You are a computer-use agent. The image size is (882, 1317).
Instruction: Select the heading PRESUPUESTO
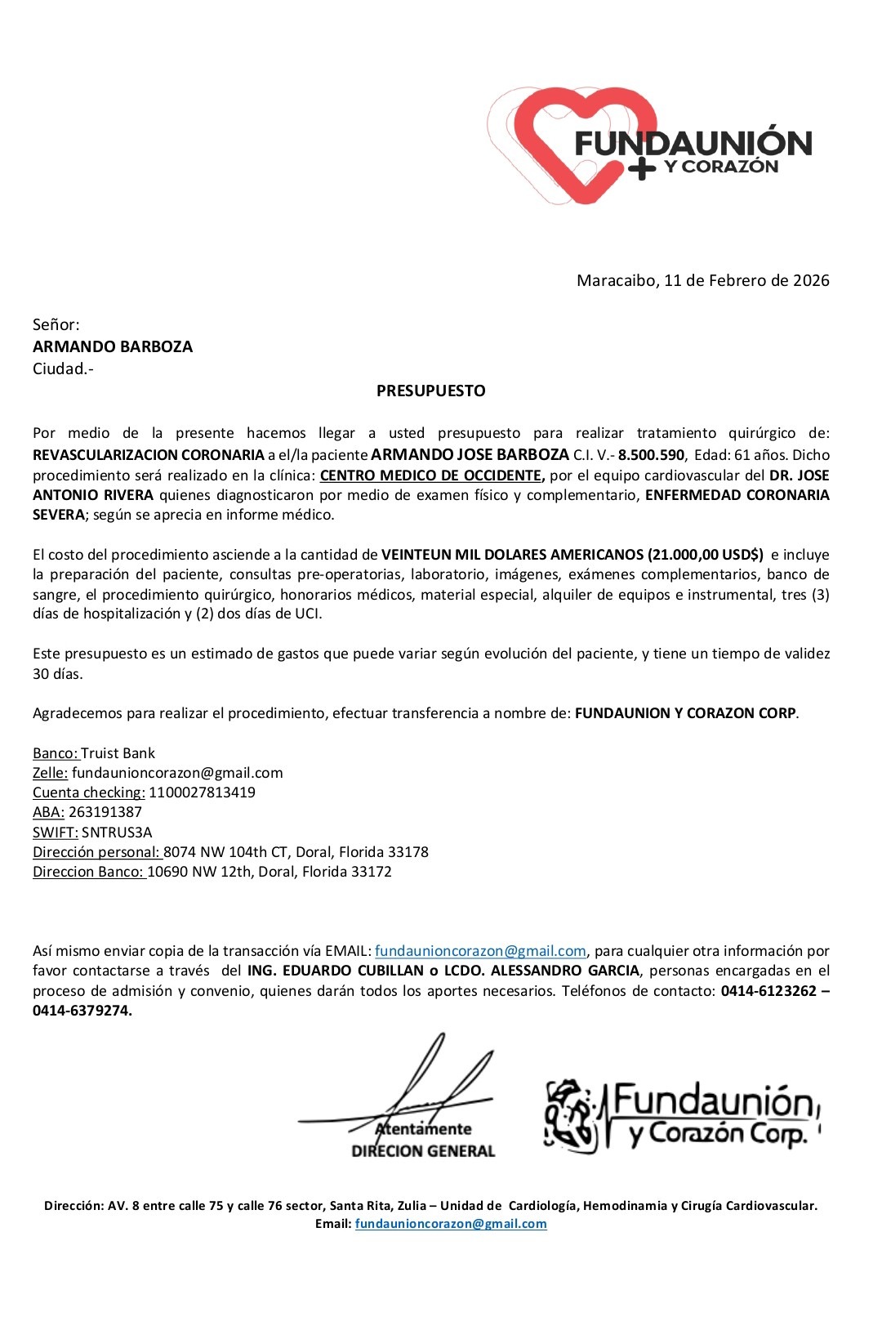[430, 391]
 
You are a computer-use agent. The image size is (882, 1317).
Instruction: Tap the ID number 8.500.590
[651, 455]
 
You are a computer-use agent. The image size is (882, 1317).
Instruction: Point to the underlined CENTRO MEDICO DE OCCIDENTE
[430, 475]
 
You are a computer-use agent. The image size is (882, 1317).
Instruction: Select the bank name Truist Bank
[118, 753]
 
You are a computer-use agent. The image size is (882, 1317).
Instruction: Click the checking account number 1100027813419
[202, 792]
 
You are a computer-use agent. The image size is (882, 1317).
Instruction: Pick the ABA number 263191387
[105, 812]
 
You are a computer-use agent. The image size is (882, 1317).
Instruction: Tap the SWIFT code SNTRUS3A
[117, 833]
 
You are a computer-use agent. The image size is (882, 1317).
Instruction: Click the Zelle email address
[177, 773]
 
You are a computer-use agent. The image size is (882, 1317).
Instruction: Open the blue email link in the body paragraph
[480, 951]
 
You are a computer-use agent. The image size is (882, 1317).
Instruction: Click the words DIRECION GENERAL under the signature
[423, 1151]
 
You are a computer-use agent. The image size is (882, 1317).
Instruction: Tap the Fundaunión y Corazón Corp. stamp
[682, 1114]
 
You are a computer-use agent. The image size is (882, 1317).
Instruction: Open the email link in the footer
[451, 1224]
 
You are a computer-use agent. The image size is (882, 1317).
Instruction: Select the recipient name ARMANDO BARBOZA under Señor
[113, 346]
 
